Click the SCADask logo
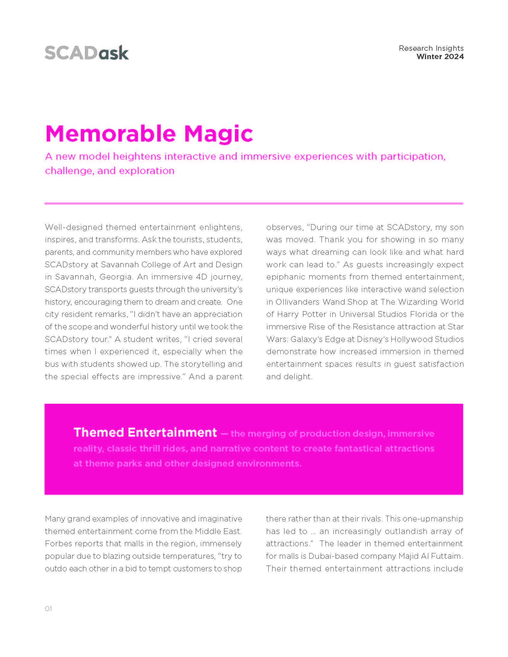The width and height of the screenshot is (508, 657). coord(87,53)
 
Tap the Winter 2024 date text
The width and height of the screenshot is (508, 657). coord(440,56)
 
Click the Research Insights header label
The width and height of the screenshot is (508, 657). coord(431,48)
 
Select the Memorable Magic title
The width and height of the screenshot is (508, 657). coord(149,133)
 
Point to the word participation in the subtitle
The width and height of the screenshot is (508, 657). coord(413,156)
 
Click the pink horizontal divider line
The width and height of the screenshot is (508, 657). coord(254,204)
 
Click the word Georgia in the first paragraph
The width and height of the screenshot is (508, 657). coord(116,277)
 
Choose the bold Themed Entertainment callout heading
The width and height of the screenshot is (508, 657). coord(145,432)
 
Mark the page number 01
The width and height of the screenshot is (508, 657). coord(48,609)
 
